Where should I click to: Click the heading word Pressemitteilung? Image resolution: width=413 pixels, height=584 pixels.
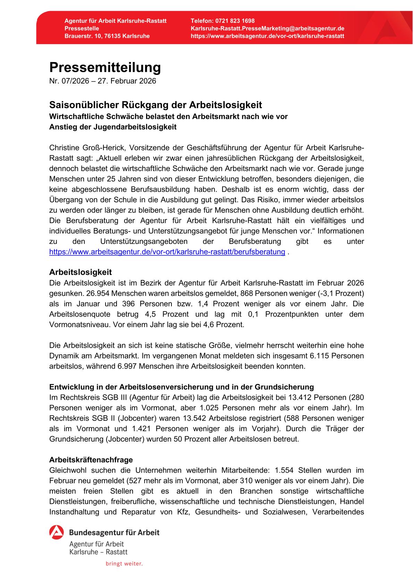[105, 67]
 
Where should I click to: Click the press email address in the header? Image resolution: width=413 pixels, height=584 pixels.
[268, 28]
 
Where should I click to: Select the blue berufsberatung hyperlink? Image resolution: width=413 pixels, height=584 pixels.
[167, 252]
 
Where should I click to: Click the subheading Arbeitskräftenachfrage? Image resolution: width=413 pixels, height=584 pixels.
[91, 460]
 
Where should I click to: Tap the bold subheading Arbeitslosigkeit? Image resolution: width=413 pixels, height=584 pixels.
[81, 272]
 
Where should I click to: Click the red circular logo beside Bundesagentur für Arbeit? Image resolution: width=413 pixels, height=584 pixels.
[57, 532]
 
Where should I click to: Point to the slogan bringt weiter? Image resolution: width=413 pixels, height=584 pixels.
[124, 564]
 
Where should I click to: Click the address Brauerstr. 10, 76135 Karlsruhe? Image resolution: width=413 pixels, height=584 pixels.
[107, 36]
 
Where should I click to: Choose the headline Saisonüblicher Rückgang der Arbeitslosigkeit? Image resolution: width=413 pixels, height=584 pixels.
[155, 105]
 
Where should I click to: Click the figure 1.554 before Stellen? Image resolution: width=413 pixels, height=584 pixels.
[284, 470]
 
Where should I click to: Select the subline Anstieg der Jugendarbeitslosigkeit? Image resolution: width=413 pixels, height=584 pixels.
[113, 127]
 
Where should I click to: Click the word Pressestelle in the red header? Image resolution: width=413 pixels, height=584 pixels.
[82, 28]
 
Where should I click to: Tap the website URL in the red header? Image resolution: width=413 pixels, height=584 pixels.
[268, 36]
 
